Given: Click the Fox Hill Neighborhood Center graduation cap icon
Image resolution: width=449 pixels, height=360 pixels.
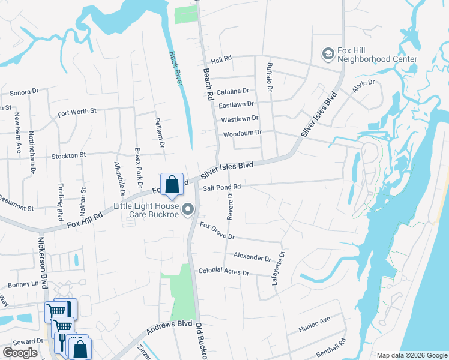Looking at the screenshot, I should click(328, 54).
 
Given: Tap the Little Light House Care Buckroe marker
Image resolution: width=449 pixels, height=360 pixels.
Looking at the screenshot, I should click(188, 209).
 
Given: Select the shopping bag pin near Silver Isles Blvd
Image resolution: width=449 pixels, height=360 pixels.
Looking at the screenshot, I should click(172, 184).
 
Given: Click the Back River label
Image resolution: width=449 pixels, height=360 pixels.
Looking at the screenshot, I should click(175, 68).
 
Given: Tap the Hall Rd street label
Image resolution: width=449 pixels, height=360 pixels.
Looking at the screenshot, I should click(221, 59).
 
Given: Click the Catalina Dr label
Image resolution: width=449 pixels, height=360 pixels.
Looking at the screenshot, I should click(233, 91).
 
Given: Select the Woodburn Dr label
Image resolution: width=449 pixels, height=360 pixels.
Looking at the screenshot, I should click(243, 133).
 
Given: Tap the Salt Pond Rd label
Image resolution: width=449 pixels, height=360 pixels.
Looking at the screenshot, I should click(221, 187).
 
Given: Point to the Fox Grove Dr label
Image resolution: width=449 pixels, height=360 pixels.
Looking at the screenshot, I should click(217, 232).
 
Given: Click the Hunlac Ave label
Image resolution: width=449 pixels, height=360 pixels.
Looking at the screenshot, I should click(315, 325).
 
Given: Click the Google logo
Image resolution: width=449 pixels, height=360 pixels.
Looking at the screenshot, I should click(20, 352).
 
